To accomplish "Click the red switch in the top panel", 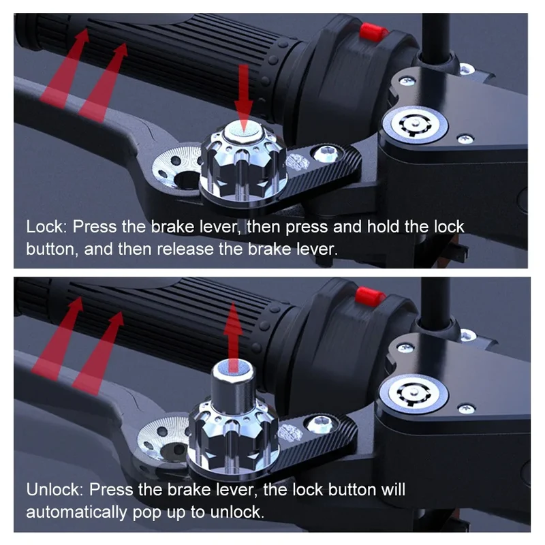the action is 373,32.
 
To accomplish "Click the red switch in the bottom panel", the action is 370,296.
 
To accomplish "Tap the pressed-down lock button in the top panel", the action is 243,131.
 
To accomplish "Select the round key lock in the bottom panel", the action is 414,394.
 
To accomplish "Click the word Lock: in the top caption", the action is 46,227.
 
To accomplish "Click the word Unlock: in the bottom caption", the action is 55,490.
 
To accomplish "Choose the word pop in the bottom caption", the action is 148,514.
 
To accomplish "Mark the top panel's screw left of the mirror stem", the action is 407,82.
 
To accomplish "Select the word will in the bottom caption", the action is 393,490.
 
